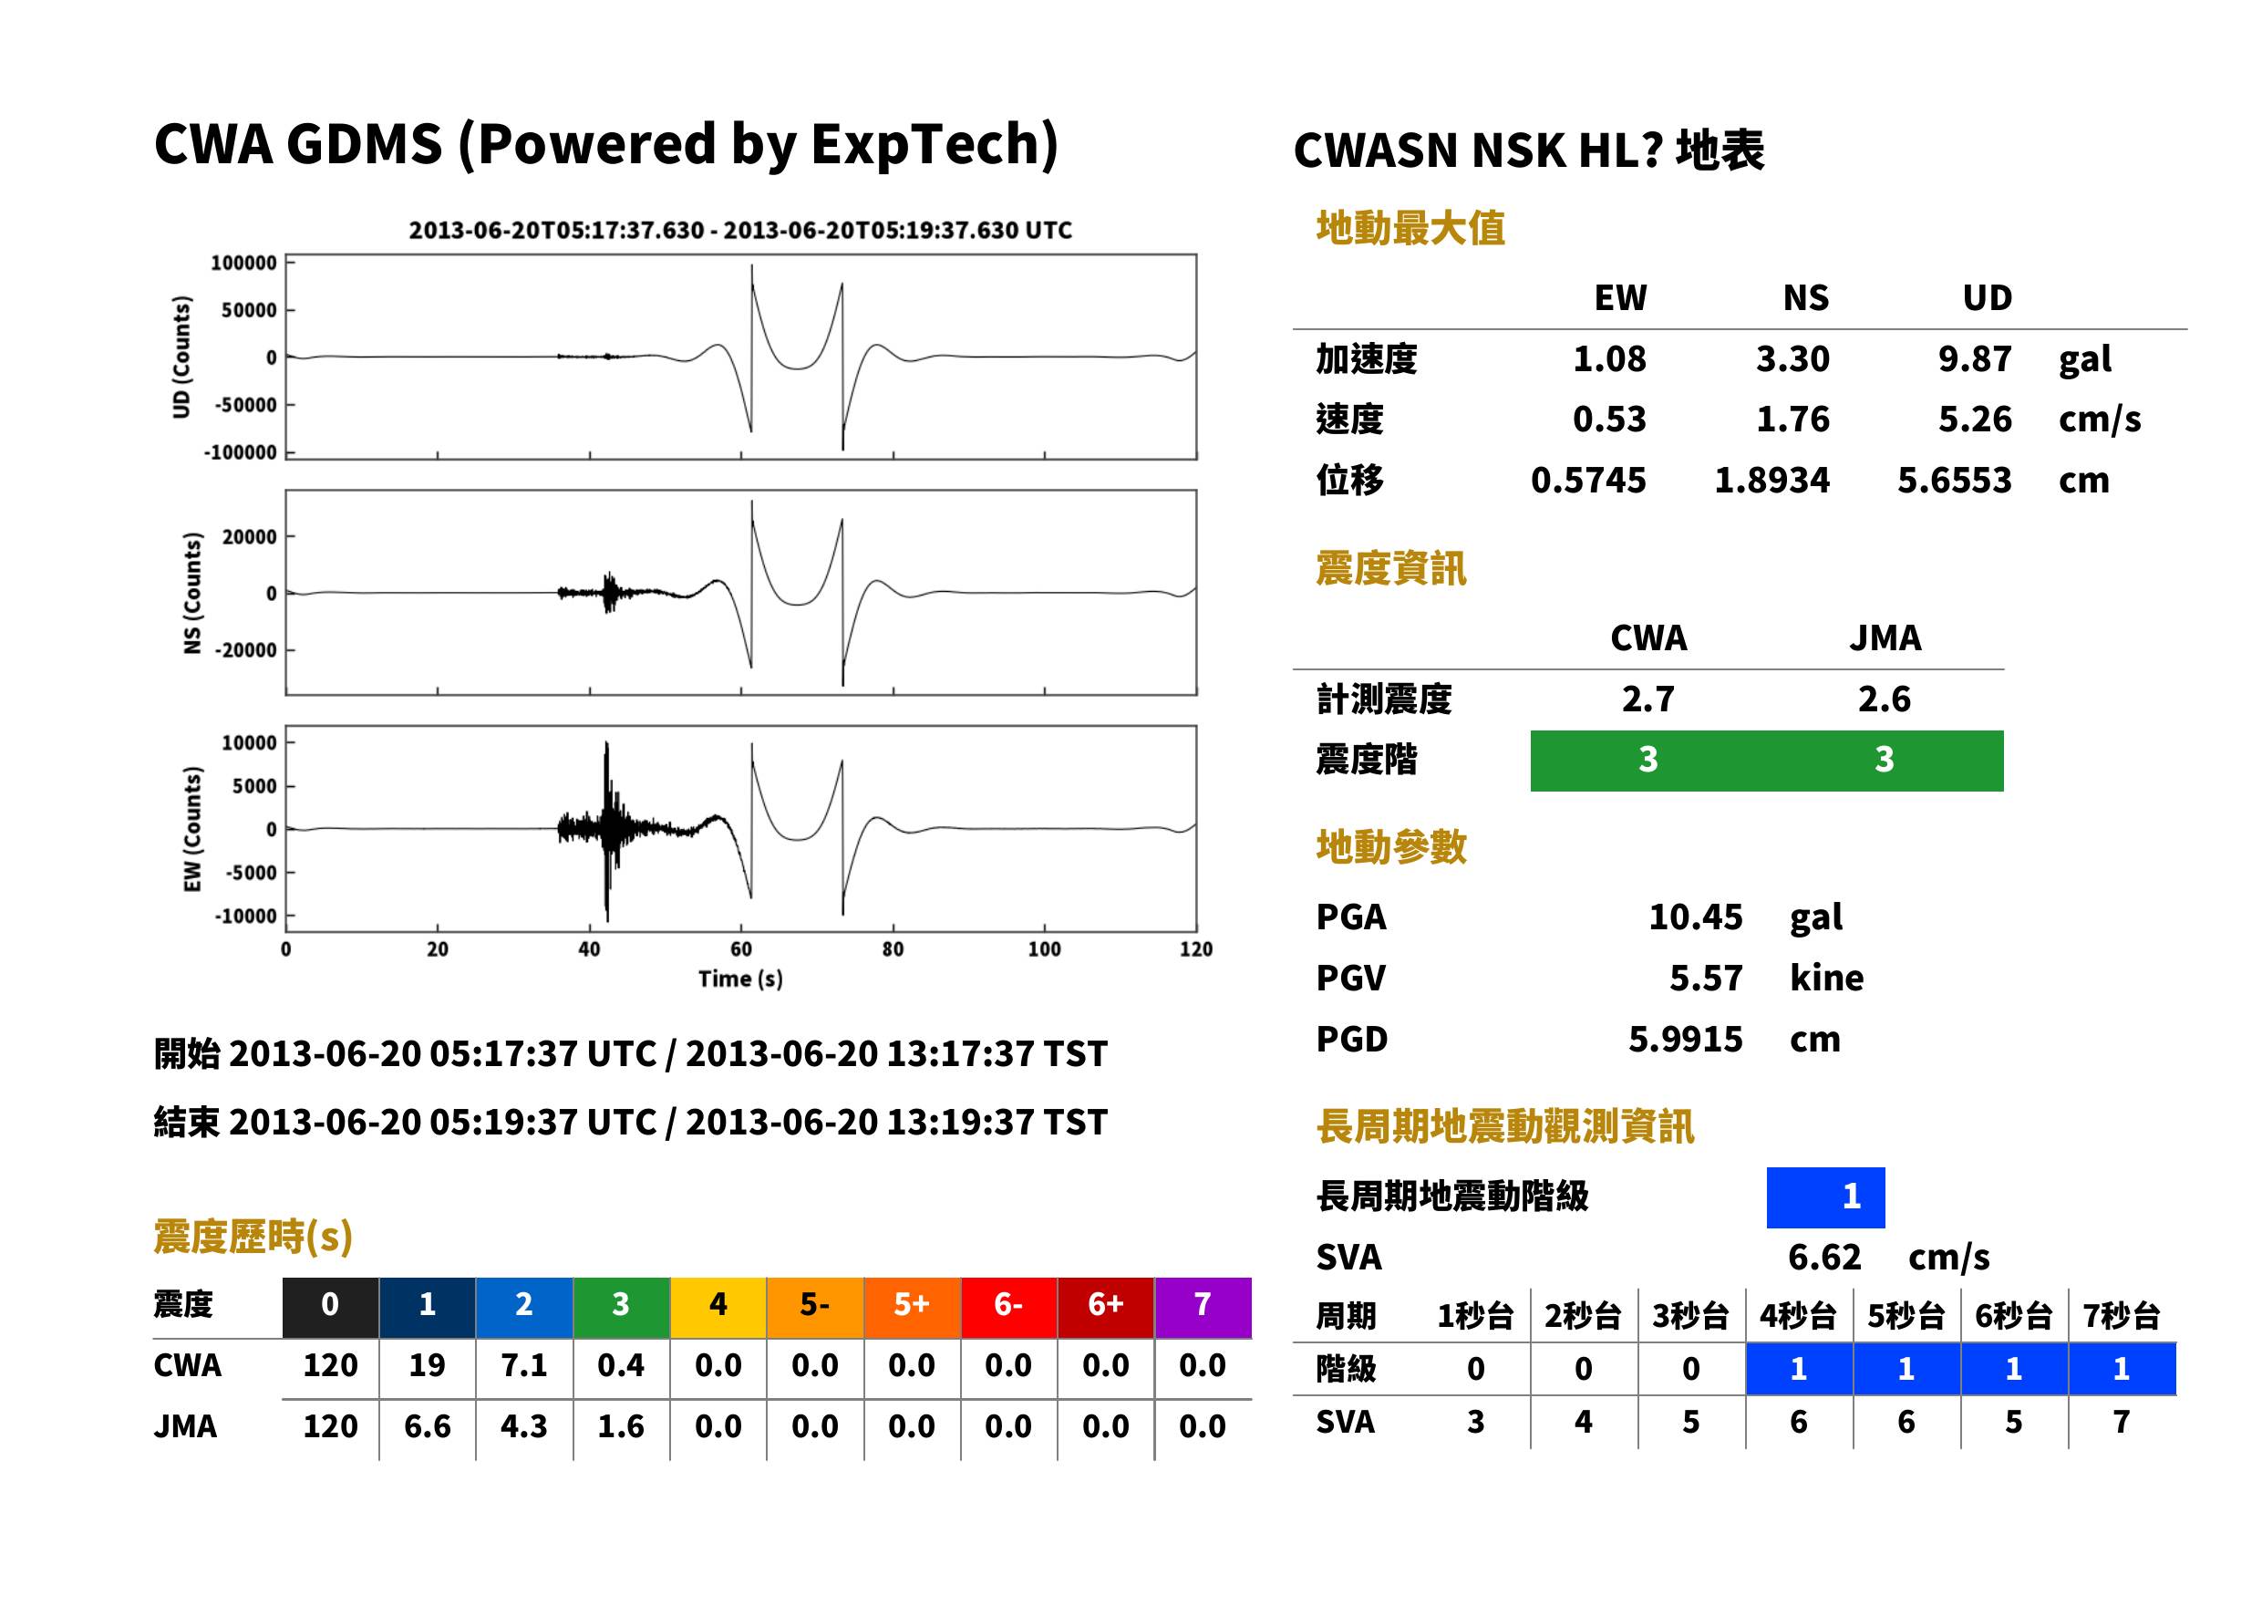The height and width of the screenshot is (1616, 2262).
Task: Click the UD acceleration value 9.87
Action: [1975, 358]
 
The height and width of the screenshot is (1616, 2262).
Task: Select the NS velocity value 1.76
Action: [1792, 419]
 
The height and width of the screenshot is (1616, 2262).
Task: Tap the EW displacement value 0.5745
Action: [1588, 480]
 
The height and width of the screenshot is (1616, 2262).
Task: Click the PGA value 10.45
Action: [1696, 917]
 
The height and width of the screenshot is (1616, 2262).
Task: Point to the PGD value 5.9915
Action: [1686, 1039]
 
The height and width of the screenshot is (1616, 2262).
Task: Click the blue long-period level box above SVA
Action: [1825, 1197]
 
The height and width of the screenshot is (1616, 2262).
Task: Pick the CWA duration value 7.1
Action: [524, 1365]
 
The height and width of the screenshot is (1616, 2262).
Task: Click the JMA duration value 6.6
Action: [428, 1426]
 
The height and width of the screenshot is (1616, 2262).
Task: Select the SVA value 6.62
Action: [1824, 1257]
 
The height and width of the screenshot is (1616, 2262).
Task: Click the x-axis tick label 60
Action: [741, 948]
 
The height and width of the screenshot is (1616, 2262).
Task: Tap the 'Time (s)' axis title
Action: [740, 979]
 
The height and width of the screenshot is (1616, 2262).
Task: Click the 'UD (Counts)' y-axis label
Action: [181, 357]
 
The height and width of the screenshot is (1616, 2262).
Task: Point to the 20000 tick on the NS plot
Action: [249, 537]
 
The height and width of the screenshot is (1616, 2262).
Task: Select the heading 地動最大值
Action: [1410, 228]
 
